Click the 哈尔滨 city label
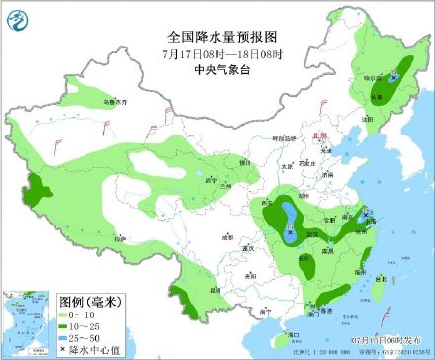tap(373, 77)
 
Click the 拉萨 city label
tap(121, 239)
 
